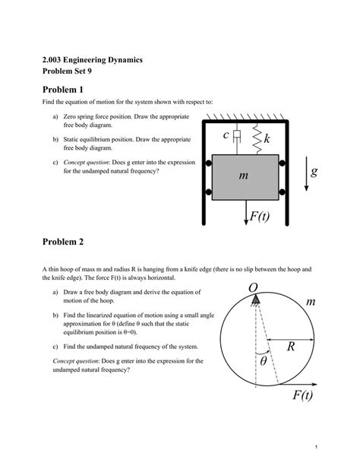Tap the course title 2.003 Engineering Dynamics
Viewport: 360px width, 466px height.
pos(93,59)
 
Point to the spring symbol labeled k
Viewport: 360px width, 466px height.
pos(257,138)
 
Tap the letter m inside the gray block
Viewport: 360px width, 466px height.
pos(243,176)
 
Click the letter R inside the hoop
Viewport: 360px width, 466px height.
pos(290,347)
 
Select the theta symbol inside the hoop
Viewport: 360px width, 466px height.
pos(264,361)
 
